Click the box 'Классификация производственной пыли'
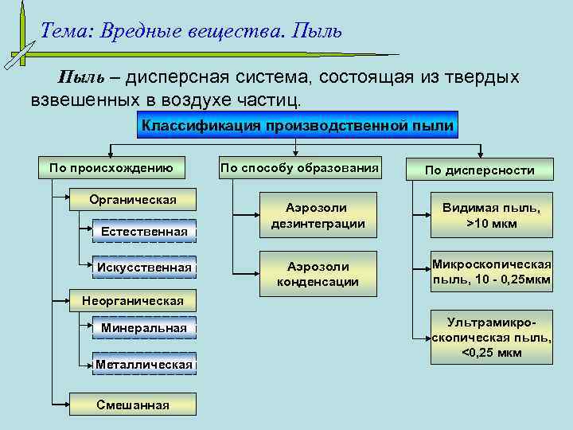coord(297,125)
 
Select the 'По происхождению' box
coord(111,168)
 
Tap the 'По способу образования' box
coord(299,168)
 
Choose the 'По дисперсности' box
coord(479,170)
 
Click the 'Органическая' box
coord(133,199)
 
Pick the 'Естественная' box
coord(144,231)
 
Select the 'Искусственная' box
coord(144,268)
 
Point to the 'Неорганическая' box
coord(133,300)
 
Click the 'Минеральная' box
coord(144,328)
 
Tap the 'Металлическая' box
coord(144,365)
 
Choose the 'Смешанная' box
coord(133,405)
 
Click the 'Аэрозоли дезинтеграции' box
coord(318,215)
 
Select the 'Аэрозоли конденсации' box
coord(318,273)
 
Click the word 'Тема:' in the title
coord(68,32)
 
